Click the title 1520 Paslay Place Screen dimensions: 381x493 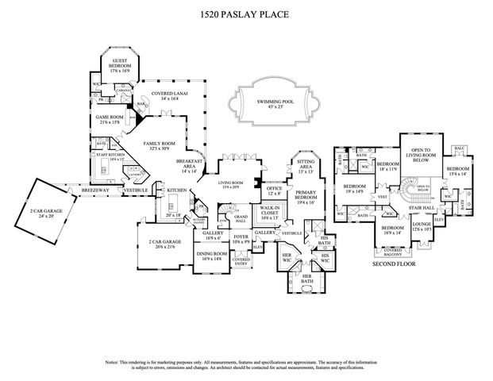point(247,15)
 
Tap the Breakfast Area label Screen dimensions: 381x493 point(190,167)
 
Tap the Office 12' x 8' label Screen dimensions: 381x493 point(275,192)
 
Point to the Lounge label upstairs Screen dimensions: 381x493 point(420,226)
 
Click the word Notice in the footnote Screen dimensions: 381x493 point(114,361)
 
